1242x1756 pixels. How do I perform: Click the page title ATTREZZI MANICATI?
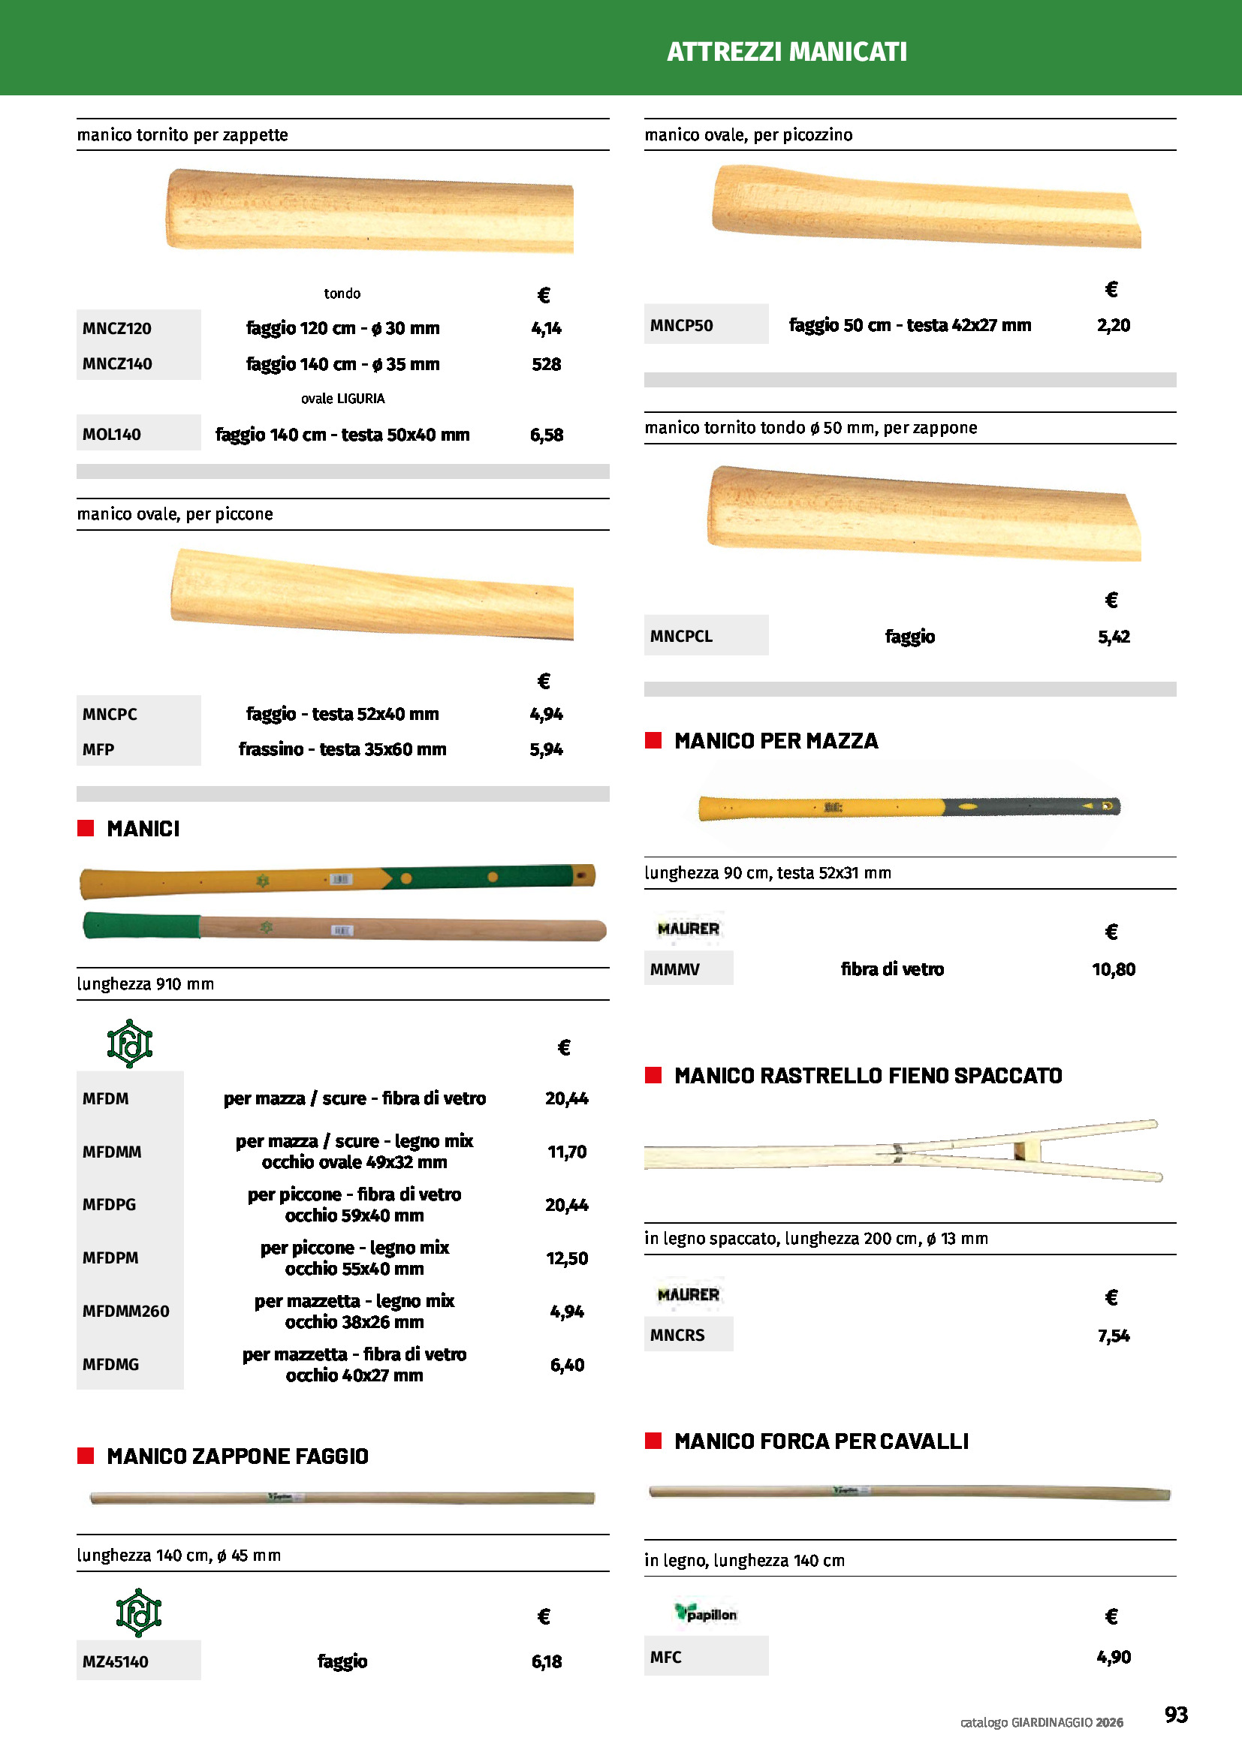(x=786, y=51)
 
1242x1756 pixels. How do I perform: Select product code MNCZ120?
(x=117, y=328)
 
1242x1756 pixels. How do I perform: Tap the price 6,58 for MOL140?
(x=546, y=435)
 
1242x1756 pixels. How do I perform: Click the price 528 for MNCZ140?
(x=546, y=364)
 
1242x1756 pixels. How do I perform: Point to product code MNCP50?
(x=680, y=325)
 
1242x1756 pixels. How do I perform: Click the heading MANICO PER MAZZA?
(x=776, y=740)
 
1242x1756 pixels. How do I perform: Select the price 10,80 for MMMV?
(x=1113, y=969)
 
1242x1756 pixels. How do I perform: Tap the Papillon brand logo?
(x=705, y=1613)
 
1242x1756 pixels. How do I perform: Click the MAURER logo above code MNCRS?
(x=688, y=1294)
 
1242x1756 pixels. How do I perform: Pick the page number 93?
(x=1175, y=1714)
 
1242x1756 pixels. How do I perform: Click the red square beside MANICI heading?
(x=86, y=827)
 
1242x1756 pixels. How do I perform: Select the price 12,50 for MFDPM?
(x=567, y=1258)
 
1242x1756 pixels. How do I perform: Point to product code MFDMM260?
(x=125, y=1311)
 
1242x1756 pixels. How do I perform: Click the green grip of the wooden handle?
(x=141, y=926)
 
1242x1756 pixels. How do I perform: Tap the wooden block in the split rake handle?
(x=1020, y=1149)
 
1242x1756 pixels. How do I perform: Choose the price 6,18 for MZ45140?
(x=546, y=1661)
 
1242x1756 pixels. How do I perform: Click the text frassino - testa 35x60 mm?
(x=342, y=748)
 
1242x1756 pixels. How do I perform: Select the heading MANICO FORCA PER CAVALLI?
(x=821, y=1441)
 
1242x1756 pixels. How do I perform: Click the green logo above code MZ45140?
(x=138, y=1612)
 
